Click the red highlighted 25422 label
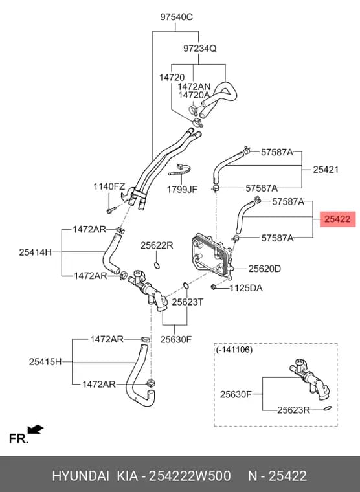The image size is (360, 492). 337,219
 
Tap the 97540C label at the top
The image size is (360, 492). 176,17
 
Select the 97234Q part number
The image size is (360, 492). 200,49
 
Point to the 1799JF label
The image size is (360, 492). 182,190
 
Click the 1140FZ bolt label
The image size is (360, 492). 109,186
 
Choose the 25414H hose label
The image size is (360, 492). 35,252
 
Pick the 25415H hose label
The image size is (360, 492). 45,361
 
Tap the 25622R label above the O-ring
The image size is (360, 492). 157,245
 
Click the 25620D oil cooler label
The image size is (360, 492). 265,269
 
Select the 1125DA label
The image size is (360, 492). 246,288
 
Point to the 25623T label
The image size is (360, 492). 187,302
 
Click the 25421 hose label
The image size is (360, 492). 326,170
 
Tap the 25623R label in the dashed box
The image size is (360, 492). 293,410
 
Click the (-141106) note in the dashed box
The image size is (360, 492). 234,349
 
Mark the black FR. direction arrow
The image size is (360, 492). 35,429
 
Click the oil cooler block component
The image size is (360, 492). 211,255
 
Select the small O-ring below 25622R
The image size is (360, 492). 157,266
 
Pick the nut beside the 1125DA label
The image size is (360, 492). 214,287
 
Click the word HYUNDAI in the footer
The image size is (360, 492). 81,476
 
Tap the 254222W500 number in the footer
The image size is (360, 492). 190,476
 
